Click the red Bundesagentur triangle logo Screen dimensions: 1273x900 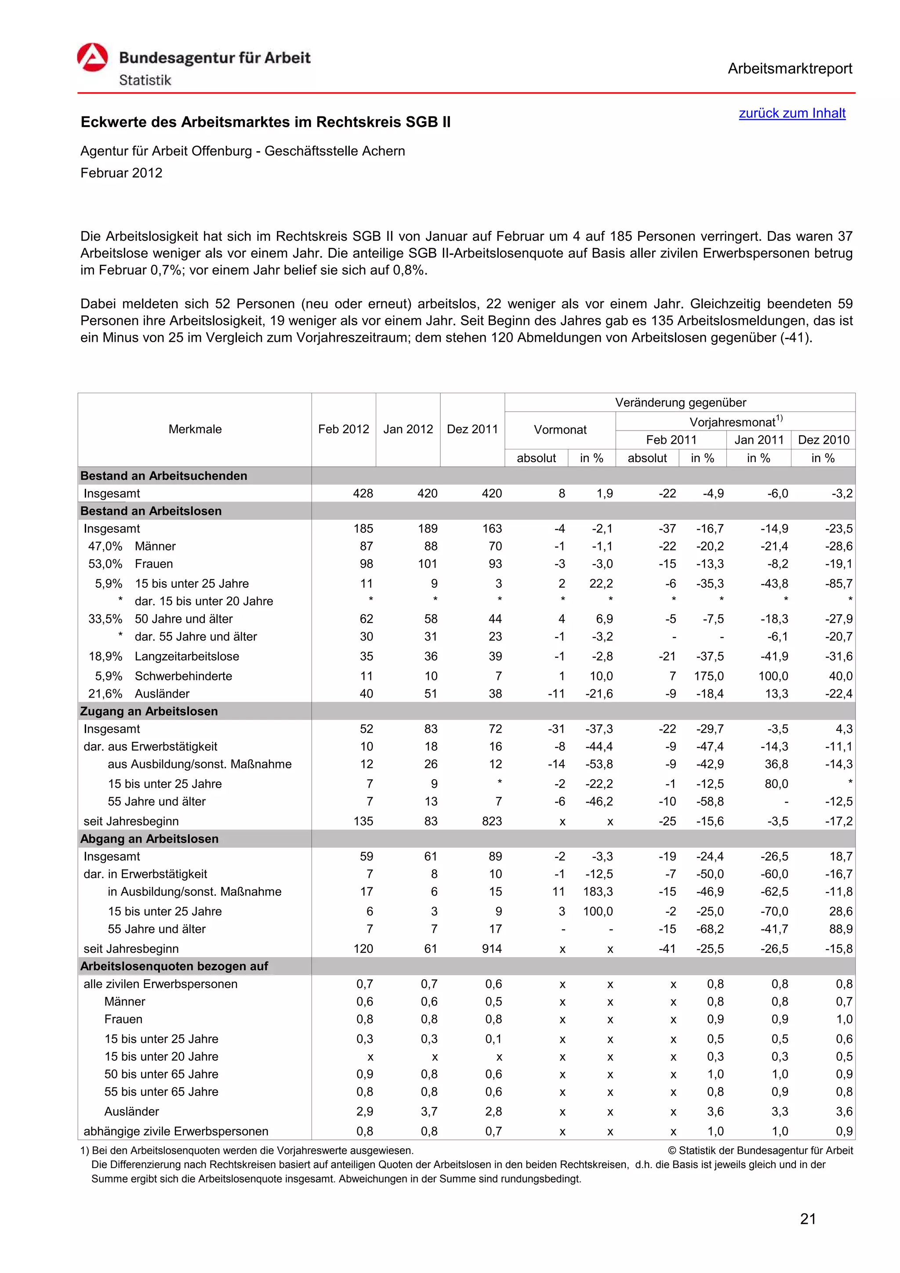coord(92,58)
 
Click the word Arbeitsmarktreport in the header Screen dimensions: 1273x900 coord(789,69)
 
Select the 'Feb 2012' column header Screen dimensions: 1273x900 coord(343,429)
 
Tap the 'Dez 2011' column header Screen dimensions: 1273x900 coord(472,429)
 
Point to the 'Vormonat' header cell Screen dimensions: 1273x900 coord(559,430)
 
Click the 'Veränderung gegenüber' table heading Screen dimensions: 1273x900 coord(680,402)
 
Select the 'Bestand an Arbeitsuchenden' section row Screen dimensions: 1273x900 coord(163,476)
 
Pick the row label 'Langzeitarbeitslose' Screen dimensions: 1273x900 coord(187,656)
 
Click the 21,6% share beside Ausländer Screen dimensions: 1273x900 coord(105,694)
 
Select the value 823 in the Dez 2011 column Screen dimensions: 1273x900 coord(491,821)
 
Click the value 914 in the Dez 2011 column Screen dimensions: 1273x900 coord(491,949)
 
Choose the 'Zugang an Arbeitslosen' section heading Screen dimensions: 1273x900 coord(149,711)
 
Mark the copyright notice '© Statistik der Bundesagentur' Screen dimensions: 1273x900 coord(760,1150)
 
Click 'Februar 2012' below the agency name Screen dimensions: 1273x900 coord(121,173)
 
